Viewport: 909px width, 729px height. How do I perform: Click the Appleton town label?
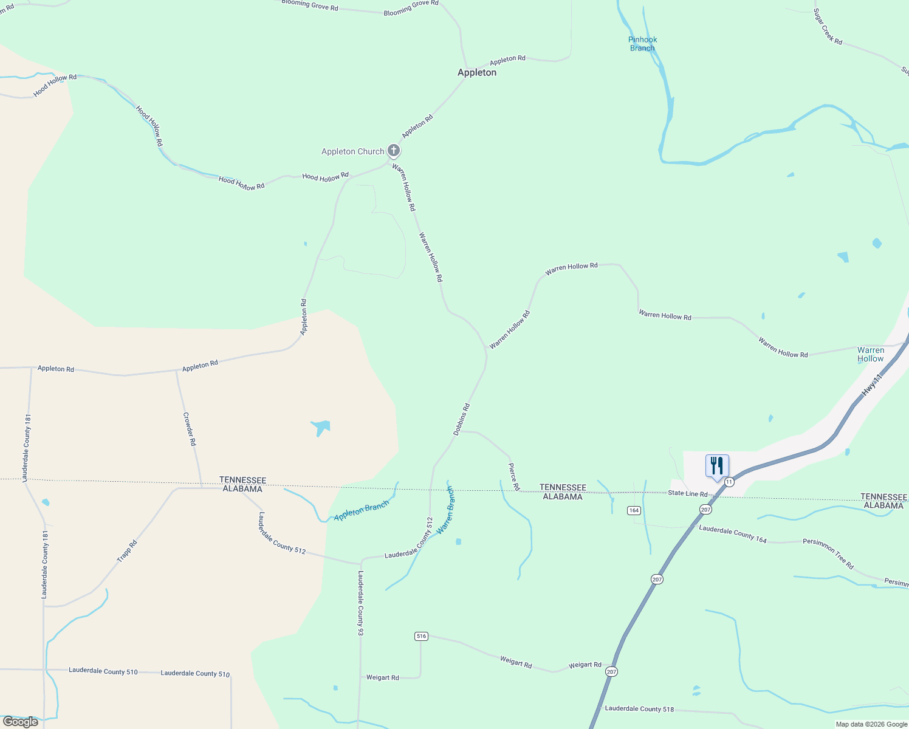(477, 72)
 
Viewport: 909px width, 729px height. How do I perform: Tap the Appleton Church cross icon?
(394, 150)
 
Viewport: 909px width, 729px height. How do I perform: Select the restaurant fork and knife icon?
(717, 466)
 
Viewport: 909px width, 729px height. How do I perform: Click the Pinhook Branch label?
(642, 44)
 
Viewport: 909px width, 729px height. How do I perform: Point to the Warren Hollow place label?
(871, 354)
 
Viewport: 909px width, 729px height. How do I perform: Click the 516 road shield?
(421, 636)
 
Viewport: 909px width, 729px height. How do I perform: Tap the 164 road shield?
(634, 510)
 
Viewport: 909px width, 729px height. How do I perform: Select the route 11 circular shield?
(729, 482)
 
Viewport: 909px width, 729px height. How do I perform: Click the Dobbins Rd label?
(462, 419)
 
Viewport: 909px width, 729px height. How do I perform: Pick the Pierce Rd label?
(513, 477)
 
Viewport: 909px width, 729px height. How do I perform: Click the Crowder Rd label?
(190, 429)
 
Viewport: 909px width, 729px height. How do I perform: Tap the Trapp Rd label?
(127, 551)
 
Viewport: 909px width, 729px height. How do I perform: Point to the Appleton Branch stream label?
(361, 512)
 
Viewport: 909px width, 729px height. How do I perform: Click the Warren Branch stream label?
(445, 510)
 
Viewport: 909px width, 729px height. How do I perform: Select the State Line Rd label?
(688, 493)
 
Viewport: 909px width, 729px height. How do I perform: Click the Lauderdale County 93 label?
(360, 603)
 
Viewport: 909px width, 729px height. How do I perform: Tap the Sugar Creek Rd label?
(828, 27)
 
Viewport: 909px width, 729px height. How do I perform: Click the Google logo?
(21, 722)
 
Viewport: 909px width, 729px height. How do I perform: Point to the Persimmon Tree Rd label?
(828, 553)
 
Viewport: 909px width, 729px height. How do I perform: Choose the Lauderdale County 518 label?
(639, 708)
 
